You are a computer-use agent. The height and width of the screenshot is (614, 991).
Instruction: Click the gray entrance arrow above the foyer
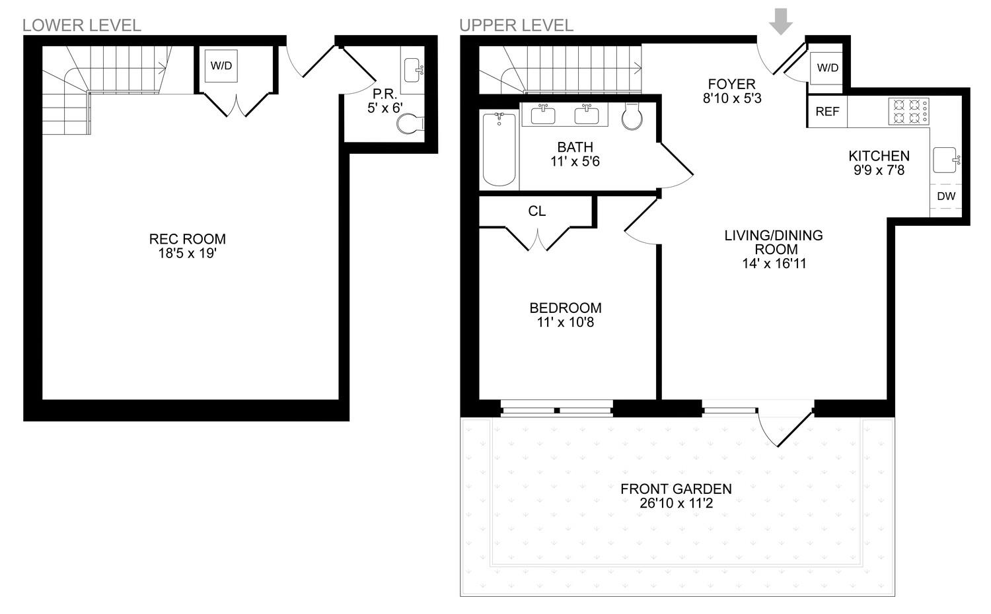[782, 24]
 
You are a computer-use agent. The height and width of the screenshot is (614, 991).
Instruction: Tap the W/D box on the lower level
[221, 66]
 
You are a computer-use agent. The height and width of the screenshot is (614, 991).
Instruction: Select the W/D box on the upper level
[827, 68]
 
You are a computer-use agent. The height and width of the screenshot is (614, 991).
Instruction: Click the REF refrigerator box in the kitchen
[827, 112]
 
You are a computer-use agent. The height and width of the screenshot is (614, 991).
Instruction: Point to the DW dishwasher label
[946, 196]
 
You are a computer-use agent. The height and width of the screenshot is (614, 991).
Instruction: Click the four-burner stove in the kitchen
[908, 111]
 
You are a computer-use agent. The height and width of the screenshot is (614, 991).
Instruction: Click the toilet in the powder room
[412, 123]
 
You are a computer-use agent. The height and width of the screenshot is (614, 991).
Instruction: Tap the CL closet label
[537, 211]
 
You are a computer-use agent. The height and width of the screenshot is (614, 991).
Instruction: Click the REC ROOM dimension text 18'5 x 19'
[187, 254]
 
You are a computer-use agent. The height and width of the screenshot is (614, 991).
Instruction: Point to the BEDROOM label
[566, 308]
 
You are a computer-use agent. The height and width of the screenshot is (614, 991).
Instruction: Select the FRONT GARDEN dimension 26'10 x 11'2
[676, 504]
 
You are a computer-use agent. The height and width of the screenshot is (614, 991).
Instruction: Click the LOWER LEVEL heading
[82, 25]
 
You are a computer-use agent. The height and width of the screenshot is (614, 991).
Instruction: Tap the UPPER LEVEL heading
[516, 25]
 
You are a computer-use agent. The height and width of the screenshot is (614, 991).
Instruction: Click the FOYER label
[731, 84]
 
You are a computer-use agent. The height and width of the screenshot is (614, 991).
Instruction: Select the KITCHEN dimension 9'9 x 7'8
[879, 170]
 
